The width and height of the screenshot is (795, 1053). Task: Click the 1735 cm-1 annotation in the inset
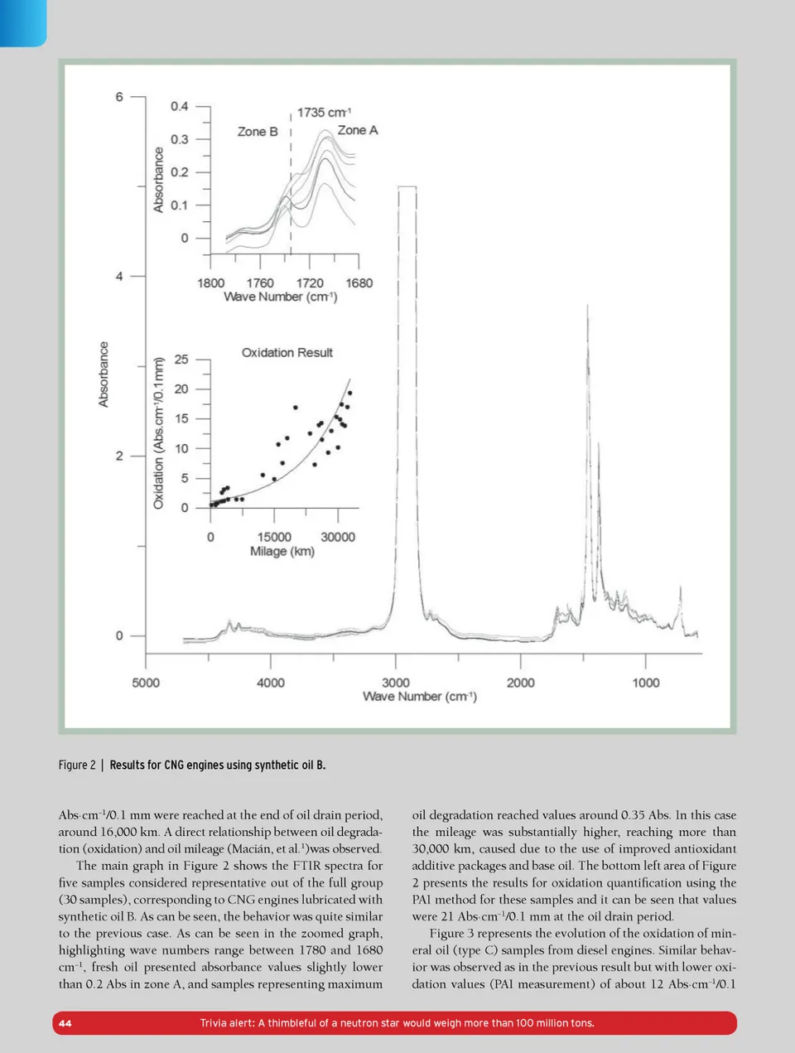[324, 113]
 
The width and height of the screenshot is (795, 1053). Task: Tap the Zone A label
[357, 130]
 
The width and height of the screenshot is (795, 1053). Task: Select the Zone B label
[257, 132]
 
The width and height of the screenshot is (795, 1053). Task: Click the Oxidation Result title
[287, 353]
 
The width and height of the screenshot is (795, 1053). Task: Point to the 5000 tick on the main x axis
[146, 683]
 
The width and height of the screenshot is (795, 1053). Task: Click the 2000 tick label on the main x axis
[520, 683]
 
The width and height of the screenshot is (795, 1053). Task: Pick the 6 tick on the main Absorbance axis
[119, 97]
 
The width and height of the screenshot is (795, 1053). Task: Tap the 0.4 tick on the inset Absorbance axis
[179, 106]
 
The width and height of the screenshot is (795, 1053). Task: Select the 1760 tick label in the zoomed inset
[260, 283]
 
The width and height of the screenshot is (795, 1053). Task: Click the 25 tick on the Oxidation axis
[181, 360]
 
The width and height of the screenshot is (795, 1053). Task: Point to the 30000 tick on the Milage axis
[338, 537]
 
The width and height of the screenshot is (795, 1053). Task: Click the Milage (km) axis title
[282, 552]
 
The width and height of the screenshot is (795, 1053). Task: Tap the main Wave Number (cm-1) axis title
[419, 697]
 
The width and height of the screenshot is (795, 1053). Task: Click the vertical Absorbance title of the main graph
[104, 374]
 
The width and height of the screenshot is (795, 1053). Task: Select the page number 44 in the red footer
[65, 1023]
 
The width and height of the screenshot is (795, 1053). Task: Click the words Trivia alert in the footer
[227, 1023]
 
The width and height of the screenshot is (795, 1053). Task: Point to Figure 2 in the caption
[77, 765]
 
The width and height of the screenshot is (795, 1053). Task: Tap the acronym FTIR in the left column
[307, 866]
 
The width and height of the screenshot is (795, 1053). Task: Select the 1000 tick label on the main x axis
[646, 683]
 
